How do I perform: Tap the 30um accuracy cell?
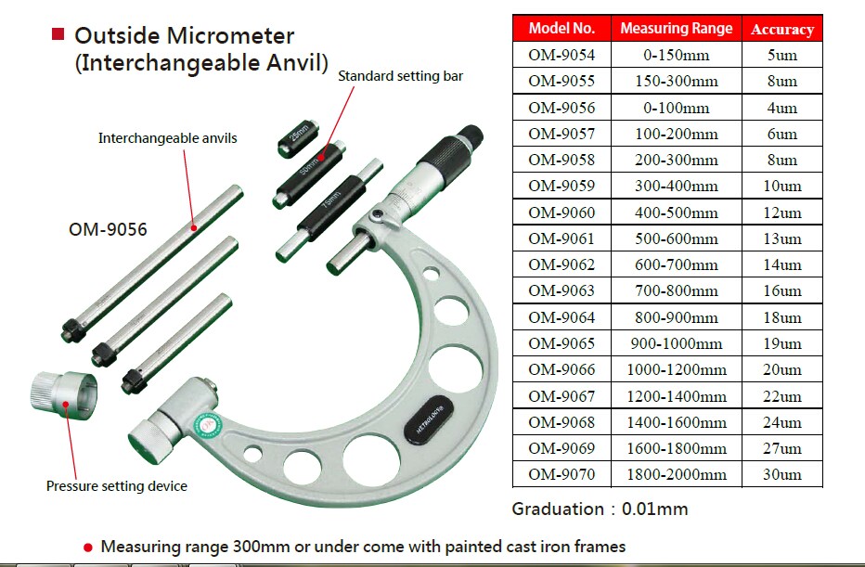point(781,474)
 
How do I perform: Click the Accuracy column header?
point(781,29)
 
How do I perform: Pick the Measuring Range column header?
point(676,29)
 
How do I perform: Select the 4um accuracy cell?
point(781,108)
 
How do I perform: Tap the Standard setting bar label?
point(400,76)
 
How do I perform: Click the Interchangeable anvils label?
point(168,138)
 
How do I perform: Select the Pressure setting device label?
point(117,485)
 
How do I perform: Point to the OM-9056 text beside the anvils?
point(108,227)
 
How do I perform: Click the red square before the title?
point(58,34)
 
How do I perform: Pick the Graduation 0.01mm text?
point(600,509)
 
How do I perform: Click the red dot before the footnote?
point(87,546)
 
